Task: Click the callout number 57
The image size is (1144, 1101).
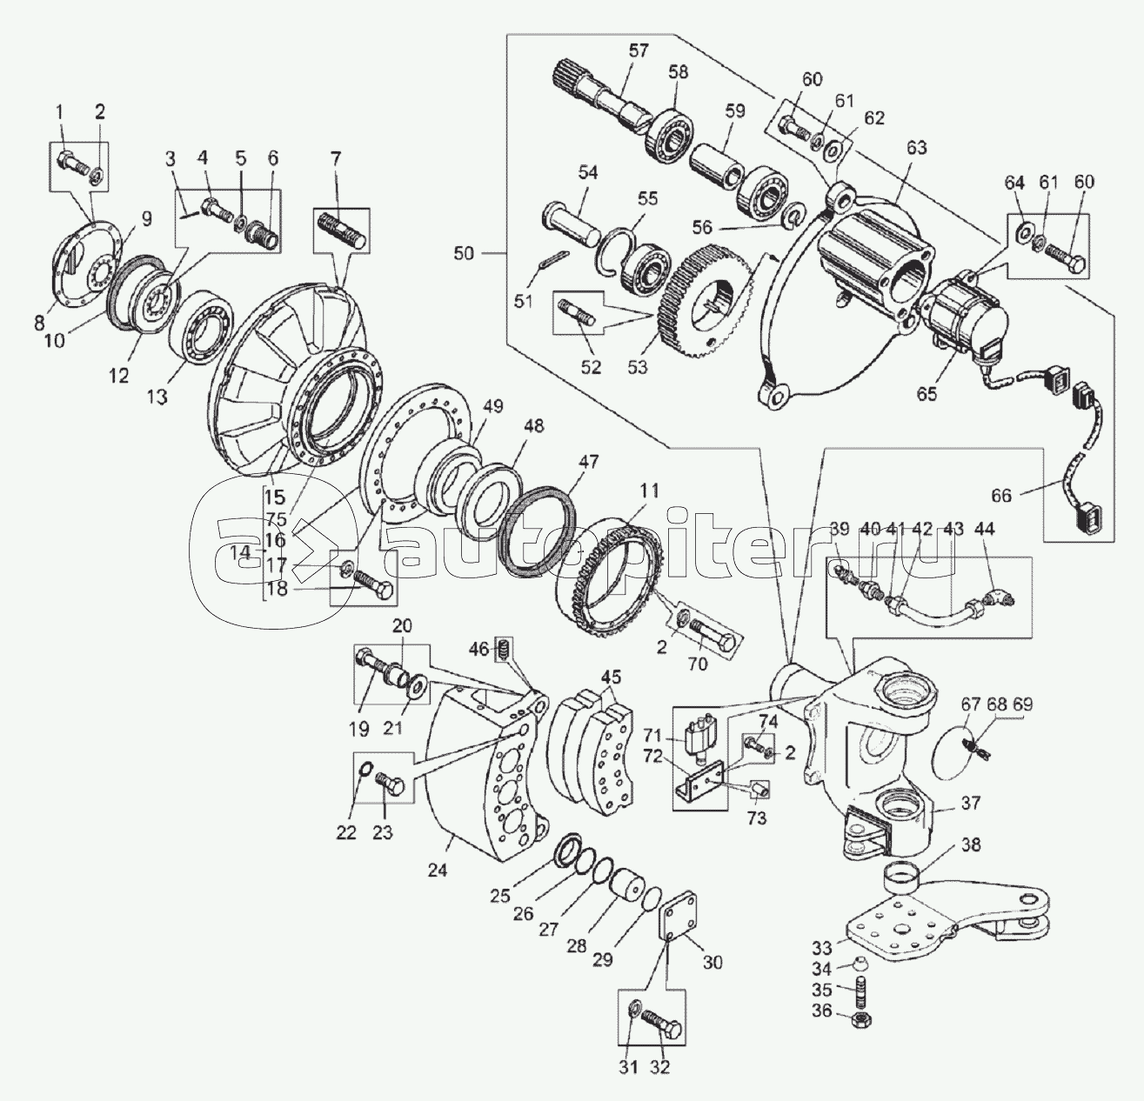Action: (638, 51)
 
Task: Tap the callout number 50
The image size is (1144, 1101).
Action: (463, 254)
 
